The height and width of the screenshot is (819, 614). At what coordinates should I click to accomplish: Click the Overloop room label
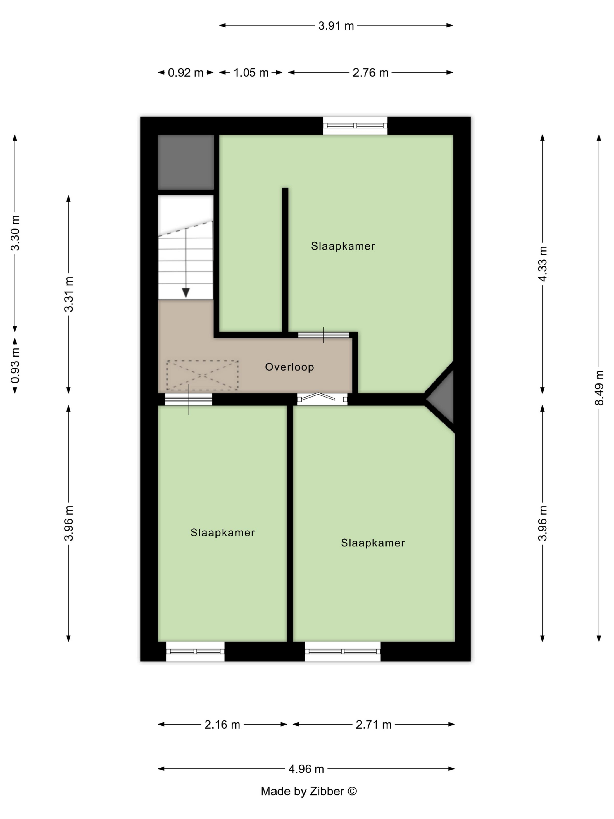pos(289,367)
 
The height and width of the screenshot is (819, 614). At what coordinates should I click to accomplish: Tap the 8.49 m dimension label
pos(599,388)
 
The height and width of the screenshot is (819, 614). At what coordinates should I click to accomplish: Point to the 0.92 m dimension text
pos(185,73)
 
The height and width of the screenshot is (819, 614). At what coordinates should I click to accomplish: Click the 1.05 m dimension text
pos(251,73)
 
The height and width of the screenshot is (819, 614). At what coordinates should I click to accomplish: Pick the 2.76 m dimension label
pos(370,73)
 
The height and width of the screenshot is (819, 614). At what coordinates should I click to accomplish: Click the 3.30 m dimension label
pos(15,233)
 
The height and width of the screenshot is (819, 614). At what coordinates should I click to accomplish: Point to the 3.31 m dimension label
pos(69,294)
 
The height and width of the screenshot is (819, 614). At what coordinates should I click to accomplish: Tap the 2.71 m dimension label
pos(373,724)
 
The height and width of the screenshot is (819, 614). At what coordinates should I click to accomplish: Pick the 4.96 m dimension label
pos(306,769)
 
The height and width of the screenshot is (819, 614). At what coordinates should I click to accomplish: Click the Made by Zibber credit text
pos(309,791)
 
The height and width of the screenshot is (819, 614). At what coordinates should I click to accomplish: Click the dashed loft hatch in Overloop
pos(202,375)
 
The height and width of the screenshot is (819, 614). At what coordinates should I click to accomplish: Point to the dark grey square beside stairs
pos(186,162)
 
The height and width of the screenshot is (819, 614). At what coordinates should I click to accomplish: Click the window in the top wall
pos(355,126)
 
